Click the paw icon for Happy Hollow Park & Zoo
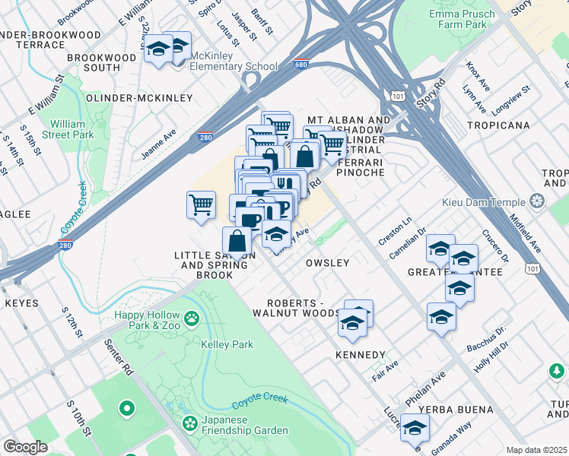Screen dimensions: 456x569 [195, 315]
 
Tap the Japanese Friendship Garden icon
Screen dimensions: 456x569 [190, 424]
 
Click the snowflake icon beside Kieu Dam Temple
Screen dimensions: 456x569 [538, 202]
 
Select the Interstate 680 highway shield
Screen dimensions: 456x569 [301, 66]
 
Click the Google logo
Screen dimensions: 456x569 [25, 447]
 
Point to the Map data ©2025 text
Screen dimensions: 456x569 [536, 450]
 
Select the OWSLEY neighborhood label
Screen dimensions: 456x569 [327, 263]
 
